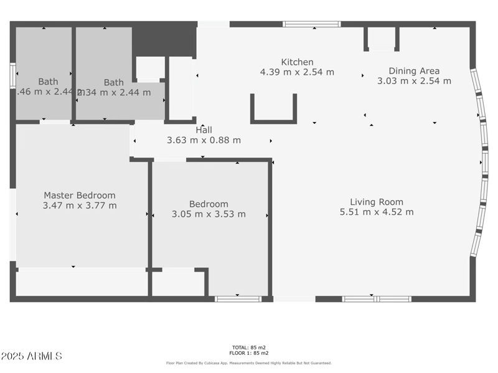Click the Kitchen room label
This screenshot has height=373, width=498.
click(297, 62)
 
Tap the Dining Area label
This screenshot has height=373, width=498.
click(414, 71)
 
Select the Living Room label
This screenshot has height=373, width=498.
click(376, 202)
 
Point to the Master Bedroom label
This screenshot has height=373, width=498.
click(79, 196)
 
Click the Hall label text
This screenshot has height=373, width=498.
click(204, 130)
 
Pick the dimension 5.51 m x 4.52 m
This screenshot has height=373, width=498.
click(376, 212)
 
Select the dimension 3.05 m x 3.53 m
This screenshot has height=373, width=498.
click(209, 214)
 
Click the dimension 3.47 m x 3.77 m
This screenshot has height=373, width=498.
click(79, 205)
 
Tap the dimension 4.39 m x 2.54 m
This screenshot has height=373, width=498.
click(297, 72)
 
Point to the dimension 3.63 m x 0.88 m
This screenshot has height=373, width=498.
click(204, 140)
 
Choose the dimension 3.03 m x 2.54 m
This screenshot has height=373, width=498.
click(414, 81)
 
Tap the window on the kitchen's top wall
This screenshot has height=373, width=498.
click(311, 24)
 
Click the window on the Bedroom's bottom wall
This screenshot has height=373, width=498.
click(238, 299)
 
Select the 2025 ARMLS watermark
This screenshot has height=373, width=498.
click(31, 356)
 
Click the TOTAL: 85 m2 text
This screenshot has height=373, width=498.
click(248, 347)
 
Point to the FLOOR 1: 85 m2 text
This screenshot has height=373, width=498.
click(248, 353)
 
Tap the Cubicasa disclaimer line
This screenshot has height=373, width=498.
click(248, 363)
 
